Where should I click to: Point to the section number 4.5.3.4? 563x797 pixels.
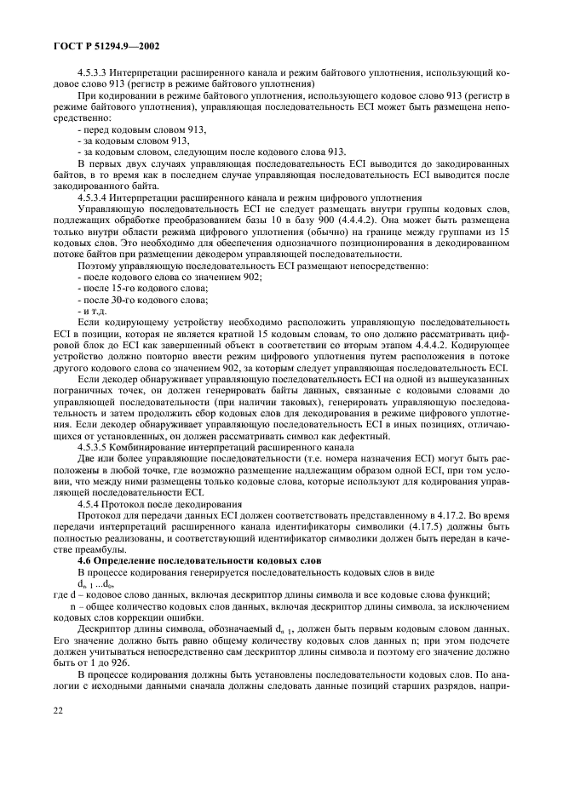pos(95,197)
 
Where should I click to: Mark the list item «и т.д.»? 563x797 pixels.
pos(91,312)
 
